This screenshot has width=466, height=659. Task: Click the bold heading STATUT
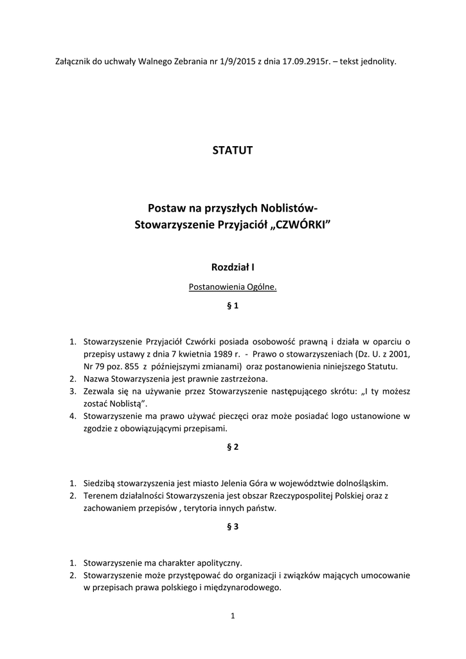tap(233, 151)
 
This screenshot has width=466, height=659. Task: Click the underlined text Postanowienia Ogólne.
tap(233, 287)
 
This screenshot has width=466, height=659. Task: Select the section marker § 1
tap(233, 306)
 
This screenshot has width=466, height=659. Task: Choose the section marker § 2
tap(233, 448)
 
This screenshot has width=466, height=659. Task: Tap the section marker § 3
tap(233, 526)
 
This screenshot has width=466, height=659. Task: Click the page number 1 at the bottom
tap(233, 617)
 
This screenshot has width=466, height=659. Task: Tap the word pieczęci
tap(253, 416)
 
